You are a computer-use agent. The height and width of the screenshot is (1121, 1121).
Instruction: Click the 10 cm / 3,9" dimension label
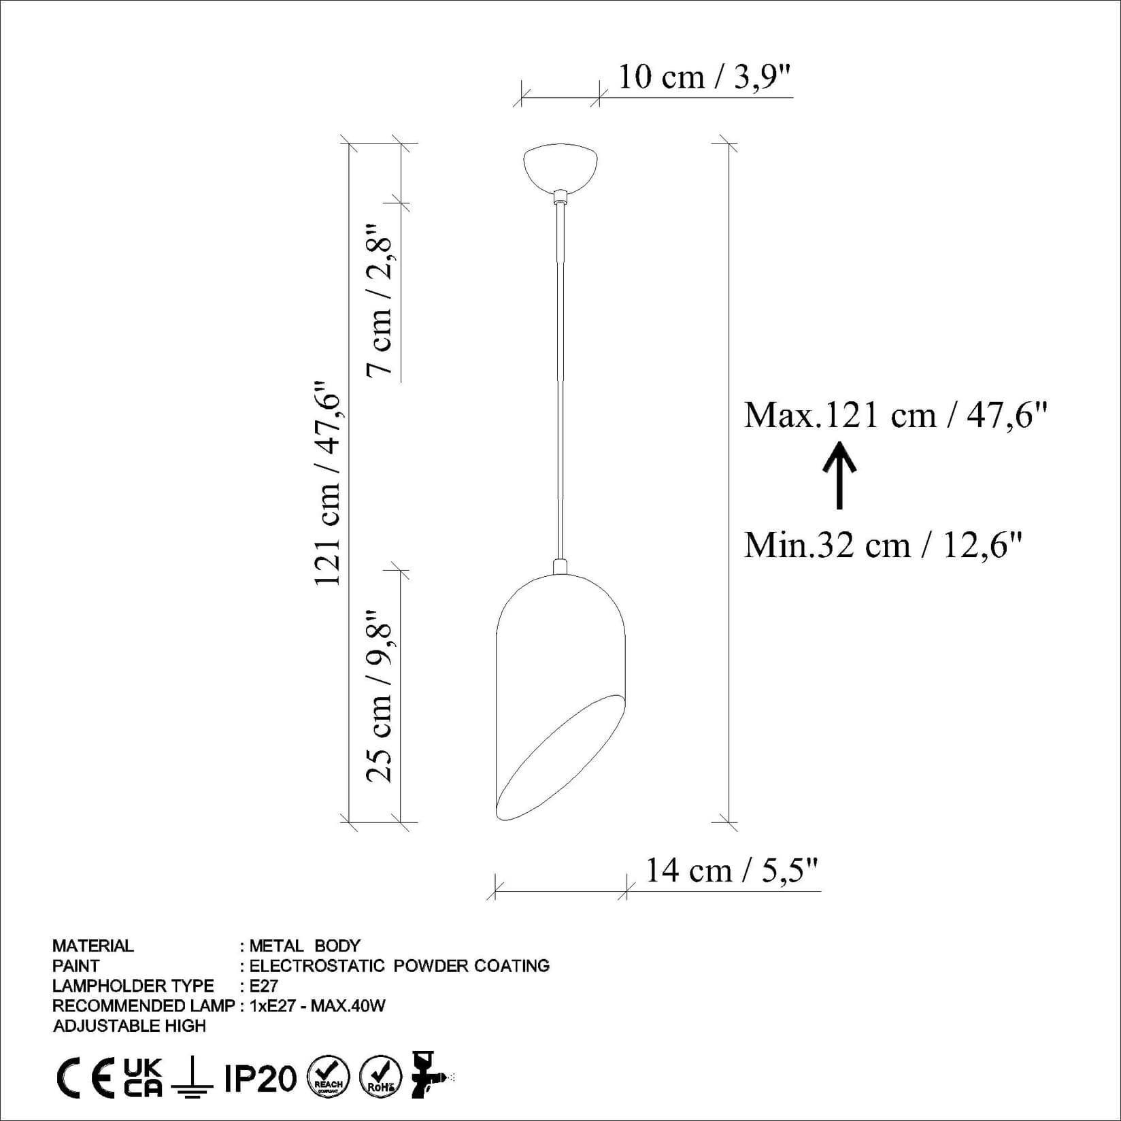click(705, 77)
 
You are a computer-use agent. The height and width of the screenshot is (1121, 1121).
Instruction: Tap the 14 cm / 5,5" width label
click(731, 871)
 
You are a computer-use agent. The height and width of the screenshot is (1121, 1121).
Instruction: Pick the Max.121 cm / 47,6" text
click(895, 414)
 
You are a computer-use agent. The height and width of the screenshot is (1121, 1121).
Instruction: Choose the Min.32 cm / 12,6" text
click(883, 545)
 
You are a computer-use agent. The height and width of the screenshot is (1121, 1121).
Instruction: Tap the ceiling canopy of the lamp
click(560, 167)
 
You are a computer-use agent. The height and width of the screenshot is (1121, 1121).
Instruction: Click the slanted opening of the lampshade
click(559, 758)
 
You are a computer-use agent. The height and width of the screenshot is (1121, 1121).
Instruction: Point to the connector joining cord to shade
click(560, 567)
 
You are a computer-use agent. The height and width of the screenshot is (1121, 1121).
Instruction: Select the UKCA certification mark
click(143, 1077)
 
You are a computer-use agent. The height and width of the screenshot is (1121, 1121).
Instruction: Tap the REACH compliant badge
click(329, 1077)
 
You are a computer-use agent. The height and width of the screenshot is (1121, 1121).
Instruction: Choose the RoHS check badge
click(380, 1077)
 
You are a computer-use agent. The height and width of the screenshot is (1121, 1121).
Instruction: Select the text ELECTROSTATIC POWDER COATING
click(399, 966)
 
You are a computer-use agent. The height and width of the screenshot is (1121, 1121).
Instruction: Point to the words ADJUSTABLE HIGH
click(129, 1026)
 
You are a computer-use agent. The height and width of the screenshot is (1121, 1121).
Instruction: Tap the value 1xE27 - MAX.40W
click(318, 1006)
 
